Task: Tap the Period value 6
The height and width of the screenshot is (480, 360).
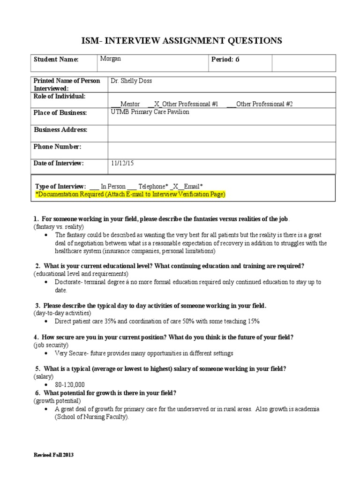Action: coord(237,60)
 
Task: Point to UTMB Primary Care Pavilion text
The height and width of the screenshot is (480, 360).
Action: coord(150,112)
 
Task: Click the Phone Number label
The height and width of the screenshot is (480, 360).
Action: coord(57,147)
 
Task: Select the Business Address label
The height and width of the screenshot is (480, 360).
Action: coord(60,130)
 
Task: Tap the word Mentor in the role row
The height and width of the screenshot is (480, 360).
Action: coord(130,104)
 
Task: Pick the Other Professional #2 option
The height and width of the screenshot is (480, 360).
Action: coord(264,104)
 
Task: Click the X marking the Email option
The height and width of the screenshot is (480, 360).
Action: coord(176,186)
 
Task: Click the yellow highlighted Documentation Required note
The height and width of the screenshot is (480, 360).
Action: coord(131,194)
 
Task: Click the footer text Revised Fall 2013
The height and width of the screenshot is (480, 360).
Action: coord(53,455)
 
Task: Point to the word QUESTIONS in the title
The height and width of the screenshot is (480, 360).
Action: coord(251,41)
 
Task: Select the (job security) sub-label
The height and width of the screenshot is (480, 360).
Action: coord(51,345)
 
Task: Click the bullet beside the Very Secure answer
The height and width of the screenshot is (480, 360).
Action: coord(45,353)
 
